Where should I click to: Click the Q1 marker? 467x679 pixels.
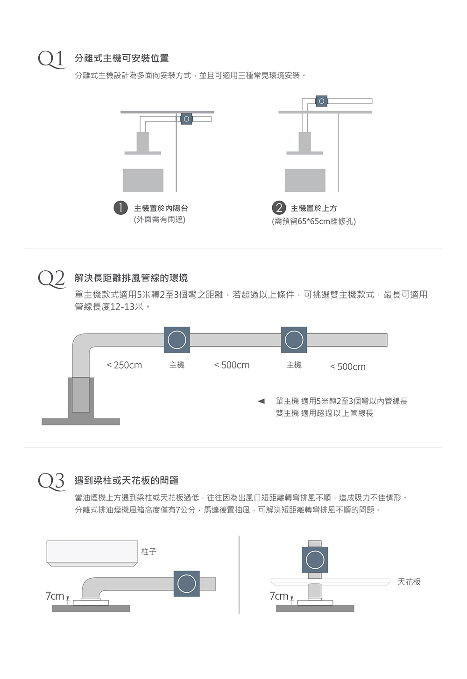click(x=51, y=59)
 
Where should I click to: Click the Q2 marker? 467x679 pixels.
click(x=51, y=279)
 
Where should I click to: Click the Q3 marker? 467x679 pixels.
click(x=51, y=481)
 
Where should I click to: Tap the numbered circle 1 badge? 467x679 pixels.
click(x=120, y=208)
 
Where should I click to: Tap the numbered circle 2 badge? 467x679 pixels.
click(x=279, y=208)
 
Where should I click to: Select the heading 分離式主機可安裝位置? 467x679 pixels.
click(x=121, y=58)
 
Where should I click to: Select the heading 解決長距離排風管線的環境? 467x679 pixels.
click(x=131, y=278)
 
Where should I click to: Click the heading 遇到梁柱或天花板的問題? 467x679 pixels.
click(x=127, y=481)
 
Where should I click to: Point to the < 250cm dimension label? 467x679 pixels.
click(x=124, y=365)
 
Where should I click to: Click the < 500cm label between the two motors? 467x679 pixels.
click(x=232, y=365)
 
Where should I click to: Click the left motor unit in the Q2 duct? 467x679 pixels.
click(x=177, y=339)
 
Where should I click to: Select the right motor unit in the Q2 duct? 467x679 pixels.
click(x=294, y=339)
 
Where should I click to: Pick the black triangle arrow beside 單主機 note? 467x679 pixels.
click(x=262, y=401)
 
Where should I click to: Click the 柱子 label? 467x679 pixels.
click(x=149, y=552)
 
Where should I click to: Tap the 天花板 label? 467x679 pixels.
click(x=409, y=582)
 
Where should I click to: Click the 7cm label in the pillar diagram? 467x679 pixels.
click(x=55, y=596)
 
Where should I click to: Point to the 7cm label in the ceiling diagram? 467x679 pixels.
click(x=279, y=596)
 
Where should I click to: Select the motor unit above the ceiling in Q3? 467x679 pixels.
click(x=315, y=559)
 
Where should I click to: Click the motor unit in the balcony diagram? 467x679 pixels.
click(x=186, y=119)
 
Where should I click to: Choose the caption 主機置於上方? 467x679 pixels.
click(x=314, y=208)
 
